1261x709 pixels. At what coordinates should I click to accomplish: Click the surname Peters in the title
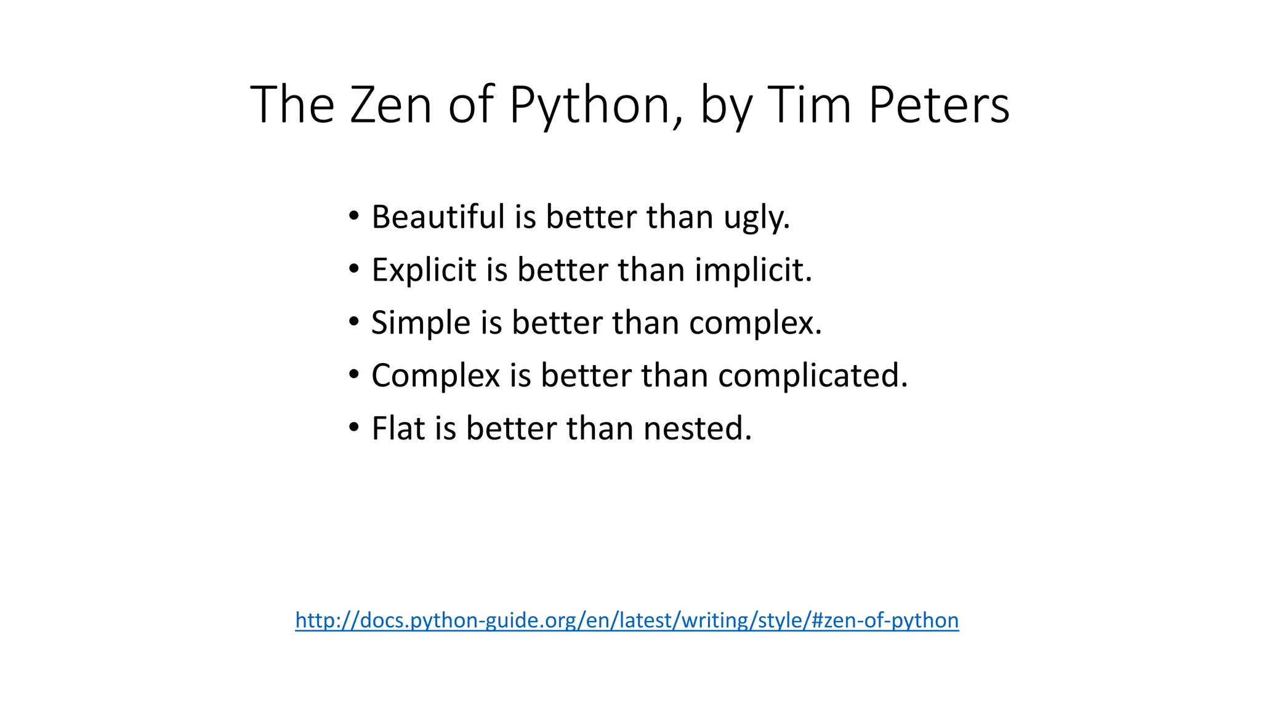click(938, 105)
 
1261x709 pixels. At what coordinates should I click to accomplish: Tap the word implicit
click(753, 270)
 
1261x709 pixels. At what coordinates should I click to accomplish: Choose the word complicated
click(813, 376)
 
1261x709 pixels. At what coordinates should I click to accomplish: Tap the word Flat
click(398, 428)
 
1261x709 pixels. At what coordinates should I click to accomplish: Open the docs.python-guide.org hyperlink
click(627, 620)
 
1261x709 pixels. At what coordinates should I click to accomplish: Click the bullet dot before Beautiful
click(353, 216)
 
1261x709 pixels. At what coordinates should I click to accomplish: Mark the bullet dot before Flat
click(353, 427)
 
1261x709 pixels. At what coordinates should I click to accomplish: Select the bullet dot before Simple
click(353, 322)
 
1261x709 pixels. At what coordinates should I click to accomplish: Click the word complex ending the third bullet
click(755, 323)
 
